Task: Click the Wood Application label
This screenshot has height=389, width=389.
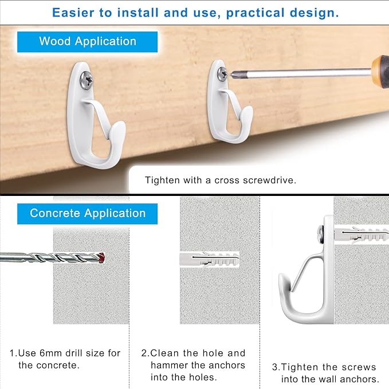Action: point(87,42)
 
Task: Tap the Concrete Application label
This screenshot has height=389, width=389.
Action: point(87,214)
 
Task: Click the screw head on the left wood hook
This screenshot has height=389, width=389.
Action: point(87,80)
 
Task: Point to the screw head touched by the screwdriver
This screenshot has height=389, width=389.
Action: point(222,73)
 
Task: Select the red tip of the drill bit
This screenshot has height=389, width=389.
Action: point(102,257)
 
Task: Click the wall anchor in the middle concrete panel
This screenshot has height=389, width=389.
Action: point(209,260)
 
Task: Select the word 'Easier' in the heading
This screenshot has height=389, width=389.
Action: point(73,13)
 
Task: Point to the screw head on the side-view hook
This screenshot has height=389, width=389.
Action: point(320,234)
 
